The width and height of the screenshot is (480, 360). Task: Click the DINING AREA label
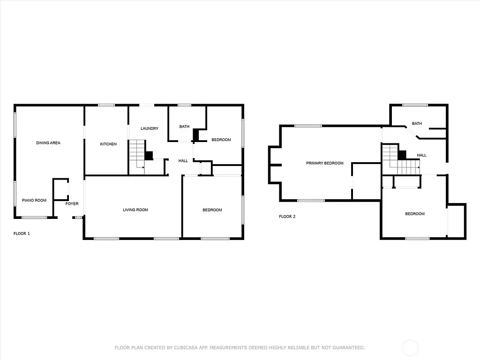coord(48,142)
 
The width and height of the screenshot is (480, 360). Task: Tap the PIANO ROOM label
coord(34,200)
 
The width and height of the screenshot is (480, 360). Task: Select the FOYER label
coord(72,203)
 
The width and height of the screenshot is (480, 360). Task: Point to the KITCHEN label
coord(108,144)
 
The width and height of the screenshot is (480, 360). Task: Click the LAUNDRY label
coord(150,128)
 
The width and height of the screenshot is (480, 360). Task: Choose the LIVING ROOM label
coord(135,210)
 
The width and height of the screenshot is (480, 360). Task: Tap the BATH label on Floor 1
coord(184,127)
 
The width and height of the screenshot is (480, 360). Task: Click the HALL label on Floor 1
coord(183,161)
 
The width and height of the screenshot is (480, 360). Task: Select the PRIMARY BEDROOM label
coord(325,163)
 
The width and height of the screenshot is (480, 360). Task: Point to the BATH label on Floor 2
coord(417,124)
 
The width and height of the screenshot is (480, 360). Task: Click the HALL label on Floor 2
coord(421,155)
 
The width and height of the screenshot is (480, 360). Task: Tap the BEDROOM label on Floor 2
coord(415,214)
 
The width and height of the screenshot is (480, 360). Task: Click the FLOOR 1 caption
coord(22,233)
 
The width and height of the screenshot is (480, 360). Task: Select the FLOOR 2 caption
coord(287,217)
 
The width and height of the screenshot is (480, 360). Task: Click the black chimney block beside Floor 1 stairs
coord(149,156)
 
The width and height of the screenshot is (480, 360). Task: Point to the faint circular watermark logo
coord(411,348)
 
